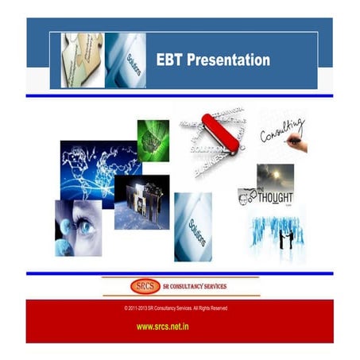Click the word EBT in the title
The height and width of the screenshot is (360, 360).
coord(170,60)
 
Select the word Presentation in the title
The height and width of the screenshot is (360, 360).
coord(229,60)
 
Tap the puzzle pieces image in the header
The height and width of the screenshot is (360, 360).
coord(83,60)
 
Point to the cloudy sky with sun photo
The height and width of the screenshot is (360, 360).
coord(276,176)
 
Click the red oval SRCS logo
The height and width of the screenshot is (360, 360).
coord(144,286)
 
